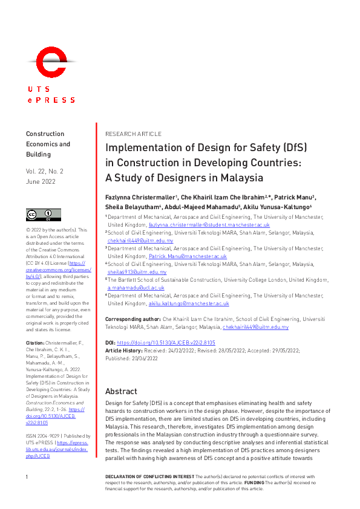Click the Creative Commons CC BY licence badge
[x=43, y=215]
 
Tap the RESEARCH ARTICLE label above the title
[x=133, y=134]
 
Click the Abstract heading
[x=121, y=391]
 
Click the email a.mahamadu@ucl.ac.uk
[x=136, y=288]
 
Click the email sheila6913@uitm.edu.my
[x=137, y=273]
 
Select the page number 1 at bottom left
[x=27, y=478]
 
